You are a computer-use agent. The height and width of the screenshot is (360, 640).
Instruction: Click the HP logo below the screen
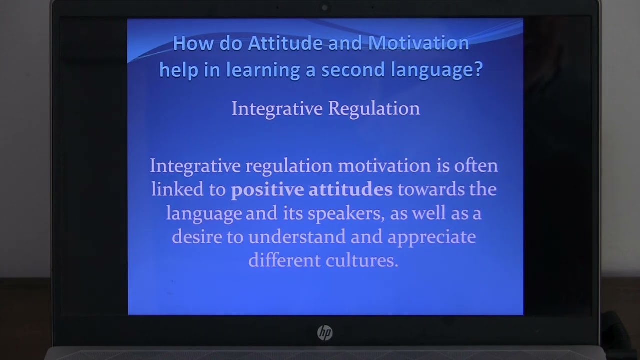325,333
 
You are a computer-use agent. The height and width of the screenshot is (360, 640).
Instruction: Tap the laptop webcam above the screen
325,8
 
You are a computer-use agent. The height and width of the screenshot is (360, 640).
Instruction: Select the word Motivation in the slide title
418,44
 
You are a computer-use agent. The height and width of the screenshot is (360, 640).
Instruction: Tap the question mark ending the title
477,70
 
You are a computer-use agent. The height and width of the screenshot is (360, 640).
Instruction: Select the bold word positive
267,190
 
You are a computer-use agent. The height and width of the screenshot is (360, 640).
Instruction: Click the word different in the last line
284,260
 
